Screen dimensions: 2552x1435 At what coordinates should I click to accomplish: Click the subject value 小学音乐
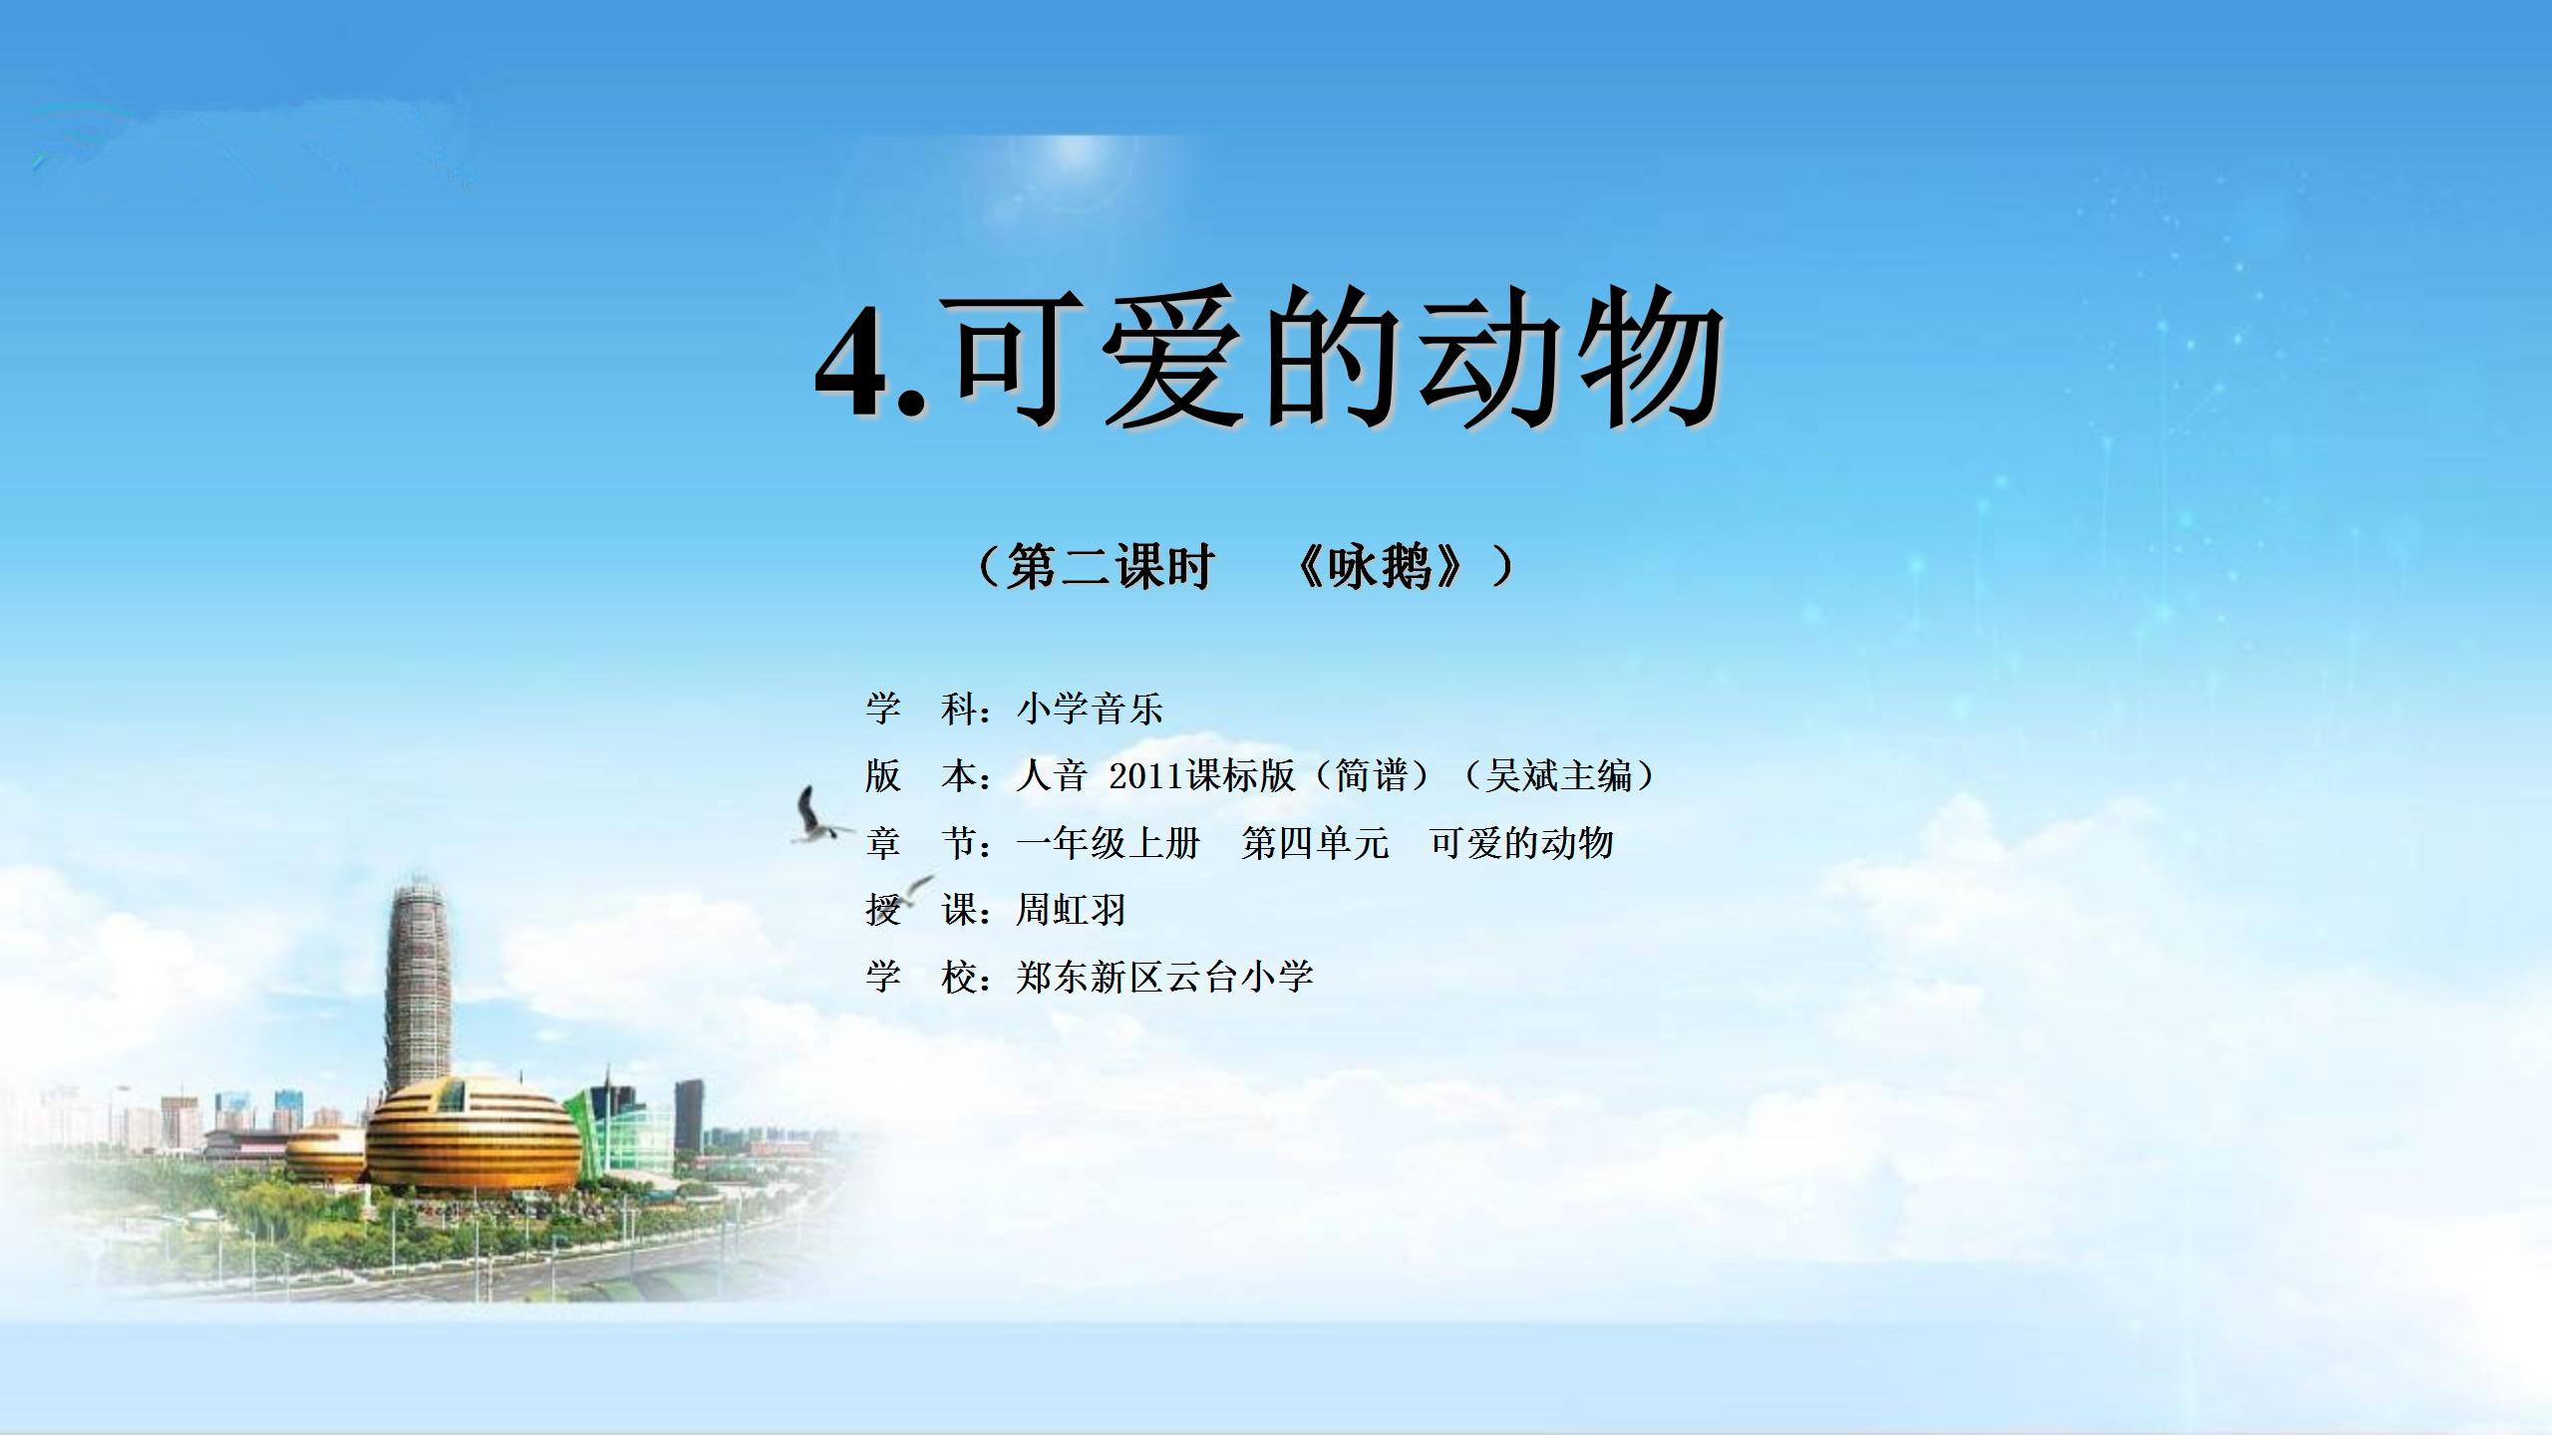point(1090,710)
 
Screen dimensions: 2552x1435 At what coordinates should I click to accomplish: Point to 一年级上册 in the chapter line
point(1108,843)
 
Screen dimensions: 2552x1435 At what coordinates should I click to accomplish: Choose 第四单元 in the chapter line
point(1315,843)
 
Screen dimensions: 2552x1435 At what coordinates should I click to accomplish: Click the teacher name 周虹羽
point(1071,910)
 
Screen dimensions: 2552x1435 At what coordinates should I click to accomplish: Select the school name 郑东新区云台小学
point(1164,977)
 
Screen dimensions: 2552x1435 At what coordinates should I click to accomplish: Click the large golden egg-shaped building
point(474,1136)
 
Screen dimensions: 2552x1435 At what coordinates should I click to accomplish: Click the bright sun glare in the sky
point(1077,159)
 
